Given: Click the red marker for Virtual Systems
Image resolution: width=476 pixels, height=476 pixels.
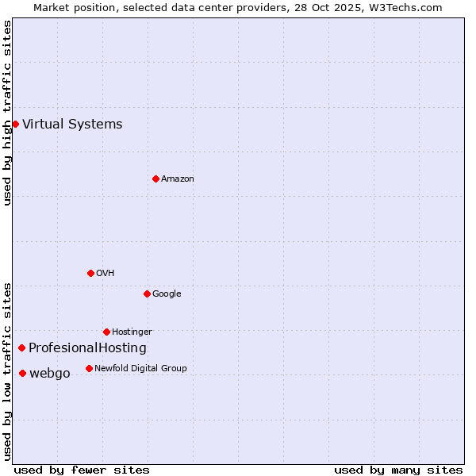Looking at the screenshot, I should click(x=15, y=124).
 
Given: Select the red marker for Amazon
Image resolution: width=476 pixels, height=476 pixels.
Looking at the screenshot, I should click(x=155, y=178).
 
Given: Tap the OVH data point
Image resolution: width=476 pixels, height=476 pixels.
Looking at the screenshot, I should click(x=90, y=273).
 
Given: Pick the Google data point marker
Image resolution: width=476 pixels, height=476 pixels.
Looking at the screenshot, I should click(x=147, y=294).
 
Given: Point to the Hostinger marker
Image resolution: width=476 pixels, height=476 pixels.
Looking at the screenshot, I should click(x=106, y=332).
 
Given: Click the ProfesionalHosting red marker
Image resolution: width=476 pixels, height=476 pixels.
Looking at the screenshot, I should click(x=21, y=347).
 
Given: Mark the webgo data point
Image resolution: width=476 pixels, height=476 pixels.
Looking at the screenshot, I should click(x=22, y=373).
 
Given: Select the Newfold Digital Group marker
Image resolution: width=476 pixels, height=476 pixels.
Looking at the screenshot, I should click(x=89, y=368).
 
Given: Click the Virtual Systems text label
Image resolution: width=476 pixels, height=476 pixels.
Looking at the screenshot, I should click(x=72, y=124).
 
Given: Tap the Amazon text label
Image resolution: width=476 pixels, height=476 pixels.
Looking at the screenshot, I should click(x=177, y=178).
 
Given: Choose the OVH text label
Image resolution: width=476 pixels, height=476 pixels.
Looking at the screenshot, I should click(x=105, y=273).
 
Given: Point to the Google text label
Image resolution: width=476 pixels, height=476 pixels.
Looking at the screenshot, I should click(x=167, y=294).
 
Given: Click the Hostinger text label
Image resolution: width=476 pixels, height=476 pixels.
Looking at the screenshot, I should click(x=132, y=332).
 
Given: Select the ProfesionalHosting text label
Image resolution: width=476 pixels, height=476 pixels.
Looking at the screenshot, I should click(x=87, y=347).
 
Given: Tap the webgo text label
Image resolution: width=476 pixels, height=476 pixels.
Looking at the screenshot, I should click(x=49, y=373).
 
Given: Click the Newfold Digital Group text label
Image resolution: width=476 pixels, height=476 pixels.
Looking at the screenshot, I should click(x=140, y=368).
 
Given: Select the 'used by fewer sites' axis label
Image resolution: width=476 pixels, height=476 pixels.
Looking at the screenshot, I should click(x=82, y=470).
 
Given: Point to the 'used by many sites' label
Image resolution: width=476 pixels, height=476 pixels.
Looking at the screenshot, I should click(x=398, y=470).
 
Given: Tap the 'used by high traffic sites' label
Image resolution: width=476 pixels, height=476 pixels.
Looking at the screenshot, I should click(x=7, y=113).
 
